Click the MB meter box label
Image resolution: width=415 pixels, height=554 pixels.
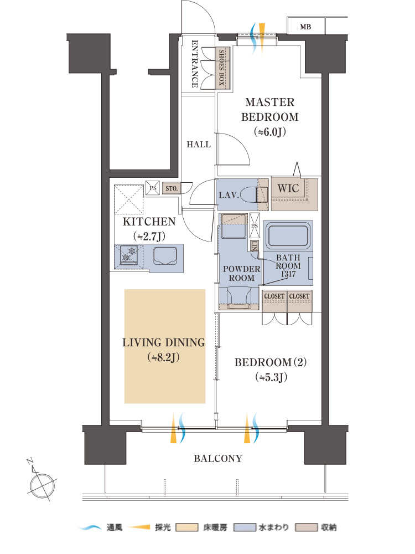(305, 27)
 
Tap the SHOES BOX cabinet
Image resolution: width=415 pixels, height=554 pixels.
(222, 68)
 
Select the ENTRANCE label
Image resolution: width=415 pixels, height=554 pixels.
(194, 64)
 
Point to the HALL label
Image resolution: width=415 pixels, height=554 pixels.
(199, 144)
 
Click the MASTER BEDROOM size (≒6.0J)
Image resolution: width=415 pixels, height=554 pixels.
(269, 132)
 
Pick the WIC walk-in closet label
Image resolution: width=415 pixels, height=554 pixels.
(288, 188)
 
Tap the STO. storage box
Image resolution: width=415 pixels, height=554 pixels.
(172, 188)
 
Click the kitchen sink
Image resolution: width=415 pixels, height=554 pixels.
(165, 256)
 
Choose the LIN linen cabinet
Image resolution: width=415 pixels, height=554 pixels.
(254, 246)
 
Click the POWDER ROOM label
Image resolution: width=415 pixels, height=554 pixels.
(241, 274)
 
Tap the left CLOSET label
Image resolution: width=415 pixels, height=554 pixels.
(274, 296)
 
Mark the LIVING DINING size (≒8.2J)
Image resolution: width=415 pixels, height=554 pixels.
(164, 357)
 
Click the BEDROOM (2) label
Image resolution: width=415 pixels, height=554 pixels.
(271, 362)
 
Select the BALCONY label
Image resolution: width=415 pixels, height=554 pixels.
(218, 459)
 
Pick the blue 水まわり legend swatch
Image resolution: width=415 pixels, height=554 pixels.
(246, 527)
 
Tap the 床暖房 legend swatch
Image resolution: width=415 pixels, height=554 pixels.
(187, 527)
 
